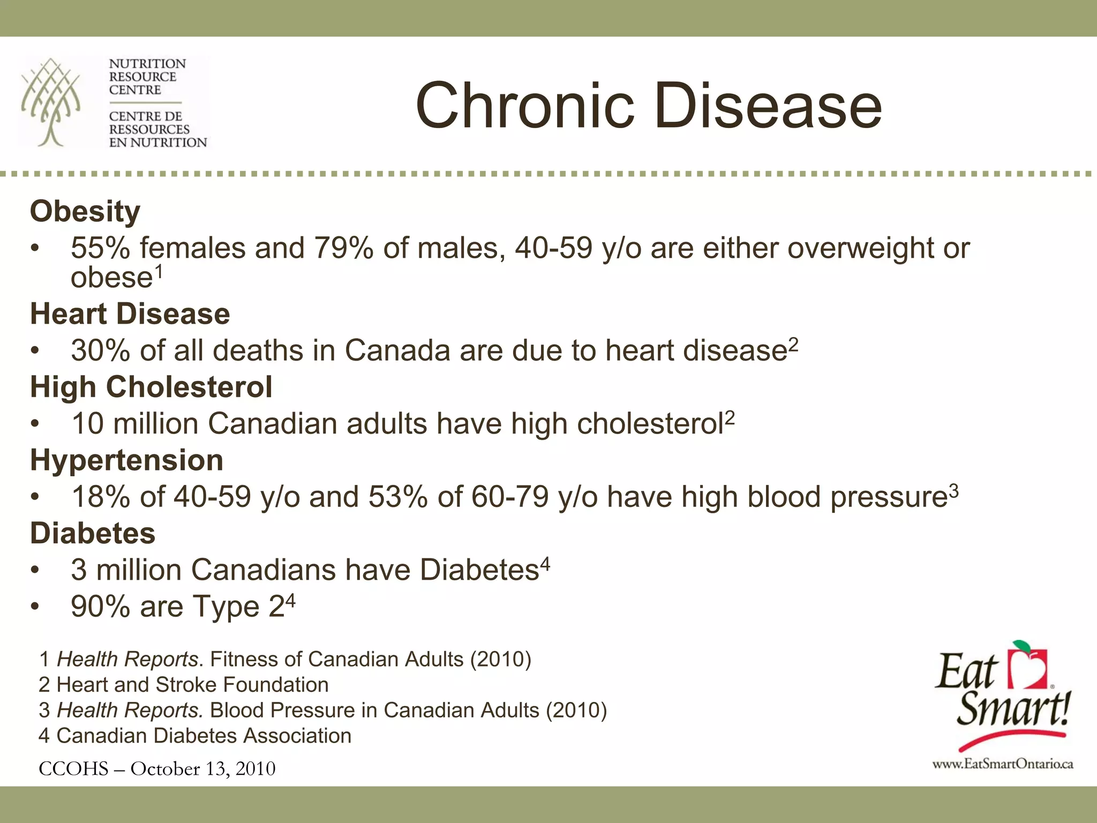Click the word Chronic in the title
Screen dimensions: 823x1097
525,106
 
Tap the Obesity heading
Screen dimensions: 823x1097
85,211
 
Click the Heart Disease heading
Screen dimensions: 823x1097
130,313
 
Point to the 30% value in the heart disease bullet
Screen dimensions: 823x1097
100,350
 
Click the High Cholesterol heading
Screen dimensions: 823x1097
151,387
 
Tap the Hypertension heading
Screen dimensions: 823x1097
126,460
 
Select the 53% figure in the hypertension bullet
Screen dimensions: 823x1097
397,497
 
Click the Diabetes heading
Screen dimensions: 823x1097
93,533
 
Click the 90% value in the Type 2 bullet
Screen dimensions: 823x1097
100,607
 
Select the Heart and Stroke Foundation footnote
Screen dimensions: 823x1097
184,685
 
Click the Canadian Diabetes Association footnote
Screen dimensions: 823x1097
195,736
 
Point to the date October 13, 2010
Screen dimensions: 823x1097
203,769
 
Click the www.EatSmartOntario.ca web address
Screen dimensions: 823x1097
1002,764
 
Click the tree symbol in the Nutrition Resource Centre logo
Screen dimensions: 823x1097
51,102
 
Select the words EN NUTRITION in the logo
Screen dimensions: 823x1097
157,143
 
